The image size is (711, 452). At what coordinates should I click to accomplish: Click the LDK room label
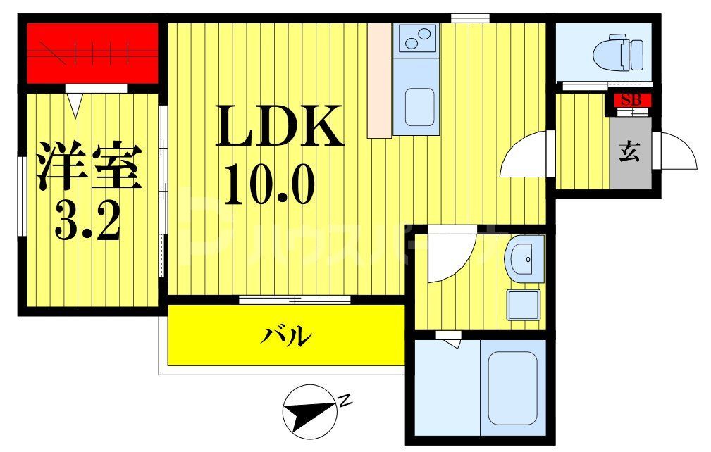click(x=279, y=125)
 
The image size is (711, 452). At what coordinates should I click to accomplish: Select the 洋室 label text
click(x=89, y=166)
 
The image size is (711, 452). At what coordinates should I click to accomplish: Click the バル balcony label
click(x=287, y=336)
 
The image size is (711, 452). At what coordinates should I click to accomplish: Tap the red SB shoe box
click(x=631, y=100)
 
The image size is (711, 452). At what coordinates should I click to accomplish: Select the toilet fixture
click(x=619, y=54)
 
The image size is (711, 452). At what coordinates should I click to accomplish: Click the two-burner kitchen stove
click(x=416, y=37)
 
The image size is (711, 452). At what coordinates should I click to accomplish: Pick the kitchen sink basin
click(x=419, y=108)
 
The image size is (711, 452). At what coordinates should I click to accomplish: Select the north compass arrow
click(x=308, y=410)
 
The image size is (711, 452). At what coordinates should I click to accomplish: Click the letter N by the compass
click(x=345, y=402)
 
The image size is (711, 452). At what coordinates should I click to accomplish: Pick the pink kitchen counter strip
click(x=378, y=80)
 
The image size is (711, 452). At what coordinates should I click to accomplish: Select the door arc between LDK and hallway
click(x=525, y=155)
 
